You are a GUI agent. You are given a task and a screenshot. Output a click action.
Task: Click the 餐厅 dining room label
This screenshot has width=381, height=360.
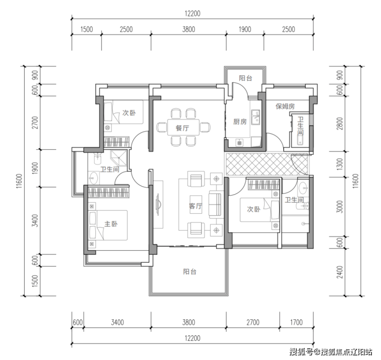coord(182,128)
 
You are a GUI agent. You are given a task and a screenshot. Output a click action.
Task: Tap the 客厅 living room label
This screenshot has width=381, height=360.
coord(196,206)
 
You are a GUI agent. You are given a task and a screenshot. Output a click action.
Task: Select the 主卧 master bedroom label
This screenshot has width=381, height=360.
coord(111,224)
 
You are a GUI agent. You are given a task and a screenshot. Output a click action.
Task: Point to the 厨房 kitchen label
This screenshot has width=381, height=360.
coord(240,122)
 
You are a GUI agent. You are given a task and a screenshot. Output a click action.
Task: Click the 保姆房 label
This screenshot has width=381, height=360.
coord(285,106)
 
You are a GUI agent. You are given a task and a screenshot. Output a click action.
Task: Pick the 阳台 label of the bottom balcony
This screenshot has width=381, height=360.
coord(190,271)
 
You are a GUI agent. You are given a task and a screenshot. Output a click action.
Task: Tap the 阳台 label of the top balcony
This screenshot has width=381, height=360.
coord(246,78)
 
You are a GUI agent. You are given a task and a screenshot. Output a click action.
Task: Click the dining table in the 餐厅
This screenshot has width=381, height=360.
coord(183,127)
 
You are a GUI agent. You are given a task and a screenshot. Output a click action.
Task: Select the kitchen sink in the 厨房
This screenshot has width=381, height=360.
coord(255,117)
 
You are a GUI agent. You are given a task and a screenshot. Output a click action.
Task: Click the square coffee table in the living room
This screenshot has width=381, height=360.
coord(196,204)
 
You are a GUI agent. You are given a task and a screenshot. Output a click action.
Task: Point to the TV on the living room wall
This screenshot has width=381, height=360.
coord(158,204)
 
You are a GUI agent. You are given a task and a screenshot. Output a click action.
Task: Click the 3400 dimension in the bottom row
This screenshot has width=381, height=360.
coord(117,322)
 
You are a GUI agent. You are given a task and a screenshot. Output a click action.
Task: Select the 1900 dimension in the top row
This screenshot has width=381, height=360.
coord(245,29)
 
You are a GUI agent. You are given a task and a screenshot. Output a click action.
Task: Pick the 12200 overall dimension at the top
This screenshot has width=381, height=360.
coord(193,13)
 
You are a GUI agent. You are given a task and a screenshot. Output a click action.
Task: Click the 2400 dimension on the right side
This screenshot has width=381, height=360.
coord(340,272)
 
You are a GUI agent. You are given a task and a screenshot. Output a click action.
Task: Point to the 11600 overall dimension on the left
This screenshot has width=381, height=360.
coord(20,181)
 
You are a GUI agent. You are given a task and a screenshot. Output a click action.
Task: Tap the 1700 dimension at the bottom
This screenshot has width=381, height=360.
coord(296,322)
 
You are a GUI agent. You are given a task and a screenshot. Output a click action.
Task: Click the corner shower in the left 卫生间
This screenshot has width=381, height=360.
coord(119,158)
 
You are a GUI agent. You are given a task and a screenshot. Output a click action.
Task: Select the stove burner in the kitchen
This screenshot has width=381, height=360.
coord(239,143)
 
